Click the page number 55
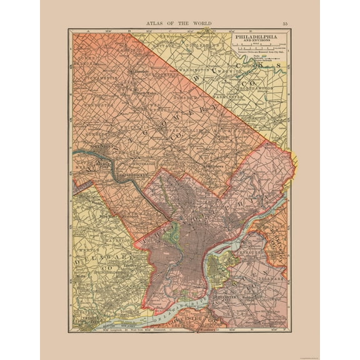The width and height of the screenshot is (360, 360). (285, 23)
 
